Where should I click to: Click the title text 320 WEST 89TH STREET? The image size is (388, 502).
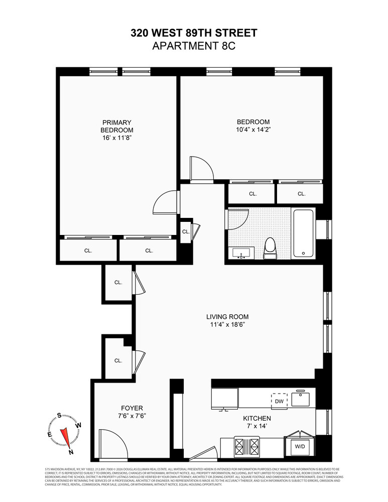(x=194, y=33)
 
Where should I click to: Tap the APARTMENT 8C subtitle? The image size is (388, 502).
(x=194, y=46)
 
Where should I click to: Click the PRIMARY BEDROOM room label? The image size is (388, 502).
(x=117, y=126)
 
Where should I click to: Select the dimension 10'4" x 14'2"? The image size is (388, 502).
(x=253, y=129)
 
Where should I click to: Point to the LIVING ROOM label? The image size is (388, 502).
(x=227, y=317)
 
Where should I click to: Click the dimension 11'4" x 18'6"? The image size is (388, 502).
(x=227, y=324)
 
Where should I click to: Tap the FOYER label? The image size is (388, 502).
(x=132, y=408)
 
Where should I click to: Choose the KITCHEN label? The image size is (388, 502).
(x=257, y=418)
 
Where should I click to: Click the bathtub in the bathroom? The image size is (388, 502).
(x=304, y=233)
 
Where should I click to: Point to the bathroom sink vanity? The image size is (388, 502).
(x=242, y=254)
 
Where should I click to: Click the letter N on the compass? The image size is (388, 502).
(x=71, y=452)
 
